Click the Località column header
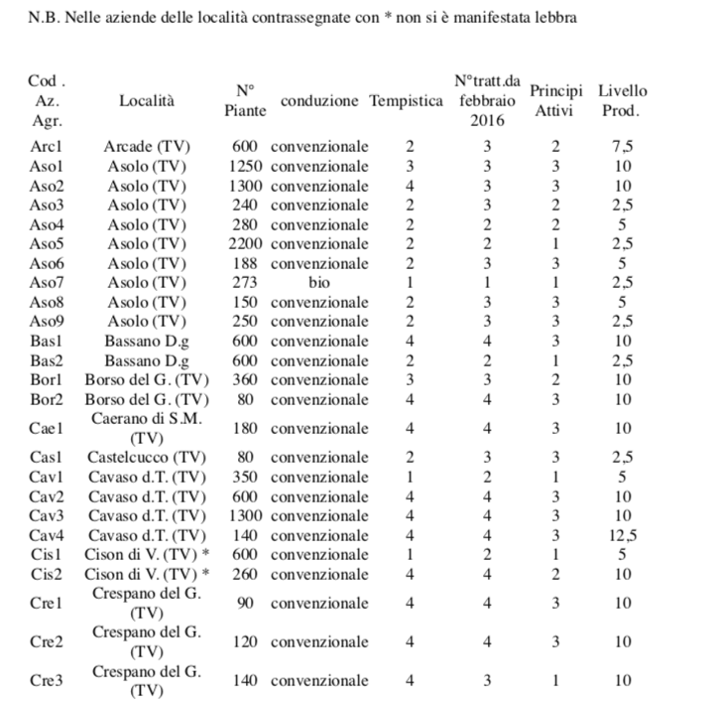click(147, 100)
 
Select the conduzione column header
click(319, 100)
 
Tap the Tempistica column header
click(407, 100)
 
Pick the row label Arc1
click(48, 147)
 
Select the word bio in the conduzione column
click(319, 282)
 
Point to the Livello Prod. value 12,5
click(623, 535)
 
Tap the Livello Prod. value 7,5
click(623, 147)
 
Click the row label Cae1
click(48, 428)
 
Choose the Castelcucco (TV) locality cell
click(147, 457)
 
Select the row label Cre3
click(48, 680)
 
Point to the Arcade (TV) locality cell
click(147, 147)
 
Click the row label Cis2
click(48, 574)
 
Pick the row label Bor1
click(48, 379)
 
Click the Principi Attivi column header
click(555, 100)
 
